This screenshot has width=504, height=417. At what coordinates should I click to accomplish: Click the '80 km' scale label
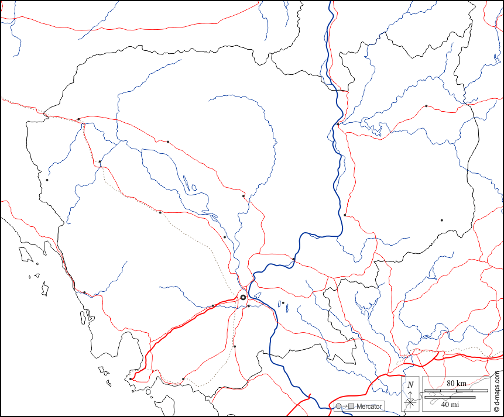(457, 383)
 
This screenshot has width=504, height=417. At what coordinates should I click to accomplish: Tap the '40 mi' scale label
(449, 405)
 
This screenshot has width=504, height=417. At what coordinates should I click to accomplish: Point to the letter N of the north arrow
(411, 384)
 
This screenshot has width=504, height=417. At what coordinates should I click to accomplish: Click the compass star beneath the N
(411, 401)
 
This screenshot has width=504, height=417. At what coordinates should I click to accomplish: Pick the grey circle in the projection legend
(338, 406)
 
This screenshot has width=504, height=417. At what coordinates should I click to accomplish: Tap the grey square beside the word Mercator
(351, 406)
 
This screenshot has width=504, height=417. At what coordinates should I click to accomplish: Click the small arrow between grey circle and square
(344, 406)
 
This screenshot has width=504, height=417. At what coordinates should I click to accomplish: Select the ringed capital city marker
(243, 298)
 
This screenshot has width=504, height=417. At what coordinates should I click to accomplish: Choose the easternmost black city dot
(441, 220)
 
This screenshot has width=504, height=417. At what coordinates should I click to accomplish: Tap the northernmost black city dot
(426, 106)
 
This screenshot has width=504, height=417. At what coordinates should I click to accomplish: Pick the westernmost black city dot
(47, 180)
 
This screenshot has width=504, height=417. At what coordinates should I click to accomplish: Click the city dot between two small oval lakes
(283, 303)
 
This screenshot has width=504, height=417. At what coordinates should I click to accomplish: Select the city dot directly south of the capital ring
(235, 346)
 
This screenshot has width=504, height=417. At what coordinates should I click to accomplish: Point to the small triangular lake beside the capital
(257, 294)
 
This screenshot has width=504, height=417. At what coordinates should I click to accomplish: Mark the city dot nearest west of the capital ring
(212, 306)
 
